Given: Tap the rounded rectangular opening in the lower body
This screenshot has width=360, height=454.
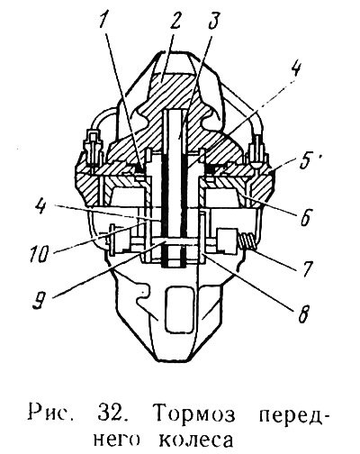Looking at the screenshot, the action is (x=179, y=309).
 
